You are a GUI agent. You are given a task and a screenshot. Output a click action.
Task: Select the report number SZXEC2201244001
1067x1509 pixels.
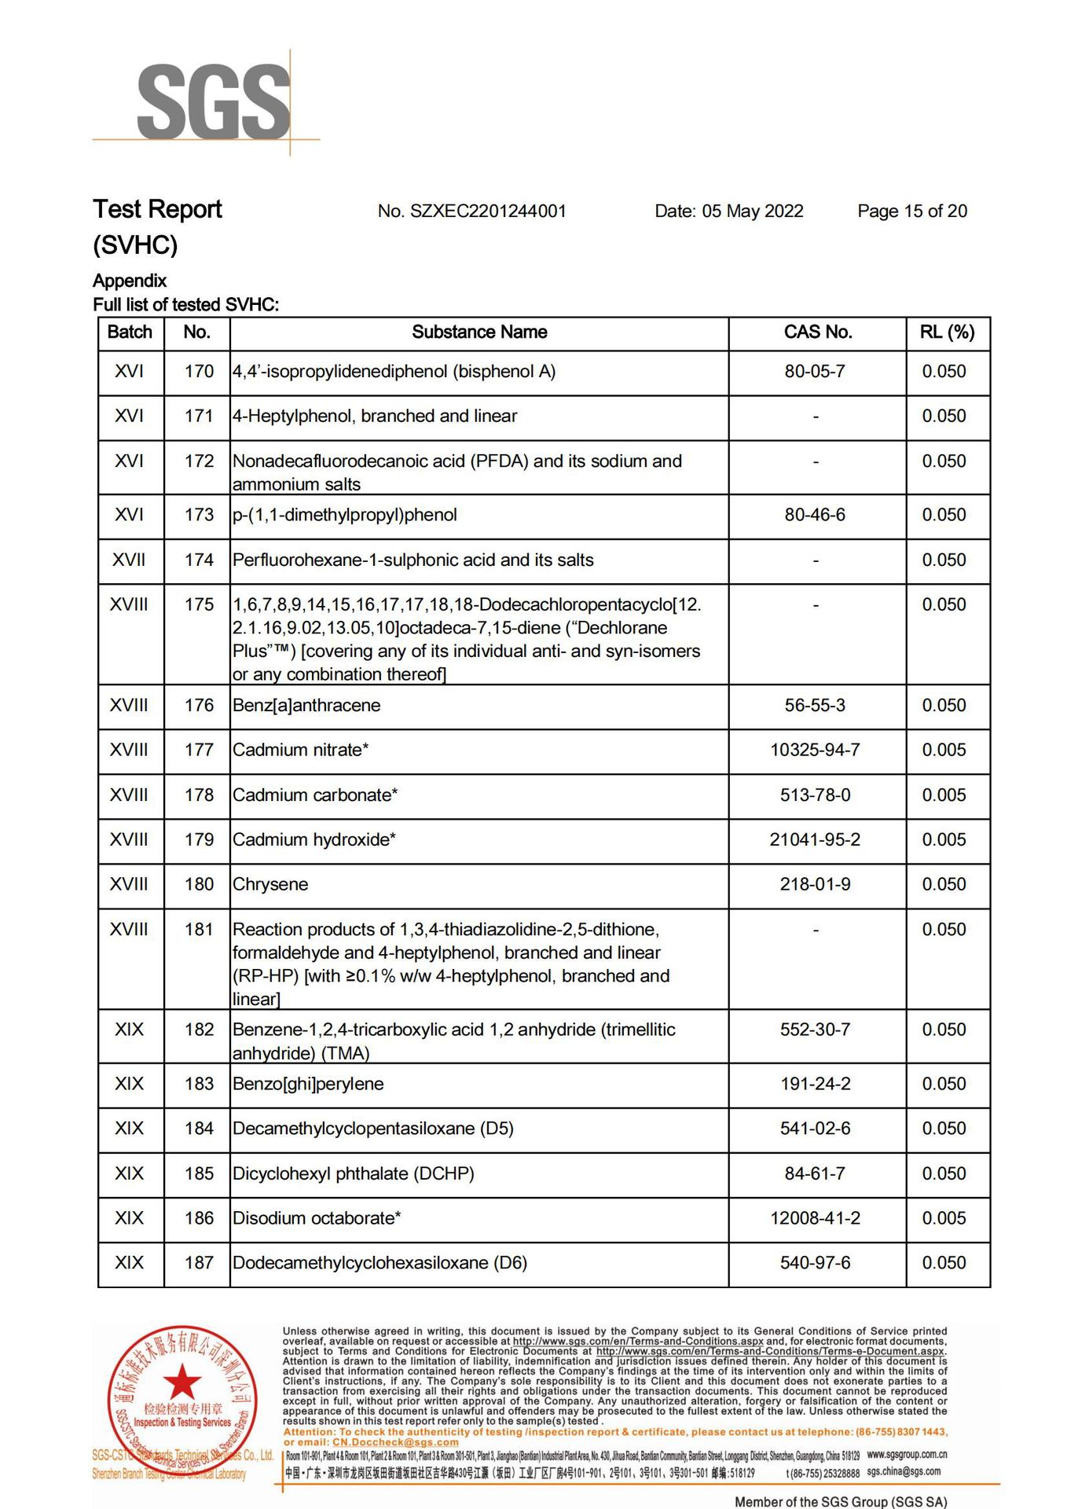click(x=471, y=211)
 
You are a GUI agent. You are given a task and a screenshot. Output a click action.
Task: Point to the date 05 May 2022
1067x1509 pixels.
click(x=728, y=211)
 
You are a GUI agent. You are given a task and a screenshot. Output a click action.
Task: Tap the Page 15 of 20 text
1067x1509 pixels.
click(x=911, y=211)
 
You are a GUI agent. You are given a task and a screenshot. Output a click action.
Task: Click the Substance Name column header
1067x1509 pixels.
click(x=479, y=332)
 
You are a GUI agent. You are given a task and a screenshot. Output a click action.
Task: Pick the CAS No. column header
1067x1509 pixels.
click(x=817, y=332)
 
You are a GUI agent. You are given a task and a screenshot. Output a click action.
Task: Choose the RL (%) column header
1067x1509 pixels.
click(x=947, y=332)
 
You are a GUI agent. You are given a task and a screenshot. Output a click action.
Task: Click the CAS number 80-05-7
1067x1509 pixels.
click(x=815, y=372)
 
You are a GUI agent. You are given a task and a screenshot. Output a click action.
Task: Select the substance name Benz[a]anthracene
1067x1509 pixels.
click(x=306, y=706)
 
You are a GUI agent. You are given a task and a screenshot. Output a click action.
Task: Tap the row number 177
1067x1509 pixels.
click(x=199, y=751)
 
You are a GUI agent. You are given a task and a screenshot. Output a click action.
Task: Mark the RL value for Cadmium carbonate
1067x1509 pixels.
click(x=944, y=795)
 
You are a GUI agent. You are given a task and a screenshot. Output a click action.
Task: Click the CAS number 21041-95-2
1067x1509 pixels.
click(x=815, y=840)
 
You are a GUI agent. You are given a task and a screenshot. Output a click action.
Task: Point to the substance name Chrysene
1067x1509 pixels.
click(x=270, y=885)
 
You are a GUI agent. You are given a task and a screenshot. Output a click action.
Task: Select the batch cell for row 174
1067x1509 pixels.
click(x=129, y=560)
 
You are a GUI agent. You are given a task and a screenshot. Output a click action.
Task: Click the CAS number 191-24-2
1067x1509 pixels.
click(x=815, y=1085)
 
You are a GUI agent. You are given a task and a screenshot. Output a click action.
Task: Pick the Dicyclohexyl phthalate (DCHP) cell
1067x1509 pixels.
click(x=354, y=1174)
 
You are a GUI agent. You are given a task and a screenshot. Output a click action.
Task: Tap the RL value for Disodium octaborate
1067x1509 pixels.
click(x=944, y=1219)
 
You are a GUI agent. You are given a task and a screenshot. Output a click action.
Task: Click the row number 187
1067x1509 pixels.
click(x=199, y=1264)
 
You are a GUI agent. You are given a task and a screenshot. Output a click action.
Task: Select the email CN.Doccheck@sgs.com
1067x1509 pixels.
click(x=395, y=1442)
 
